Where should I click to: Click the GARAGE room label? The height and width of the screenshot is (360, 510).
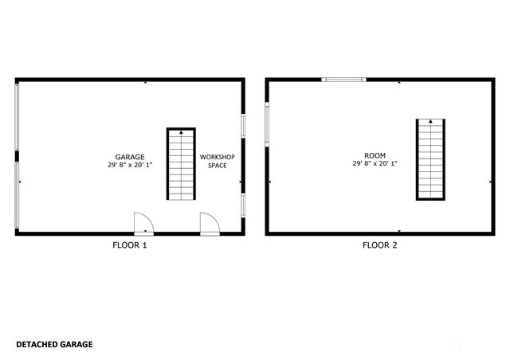pyautogui.click(x=130, y=157)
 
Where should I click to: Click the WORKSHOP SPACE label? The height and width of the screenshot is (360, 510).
pyautogui.click(x=218, y=162)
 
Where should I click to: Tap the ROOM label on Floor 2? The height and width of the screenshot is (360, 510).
pyautogui.click(x=375, y=155)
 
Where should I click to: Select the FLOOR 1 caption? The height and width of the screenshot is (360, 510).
pyautogui.click(x=130, y=245)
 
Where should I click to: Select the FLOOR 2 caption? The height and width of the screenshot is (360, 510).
pyautogui.click(x=380, y=245)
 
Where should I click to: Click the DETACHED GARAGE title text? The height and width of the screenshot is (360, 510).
pyautogui.click(x=54, y=344)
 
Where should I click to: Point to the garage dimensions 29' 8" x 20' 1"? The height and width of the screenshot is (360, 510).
pyautogui.click(x=130, y=165)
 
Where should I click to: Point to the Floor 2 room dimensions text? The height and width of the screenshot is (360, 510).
pyautogui.click(x=375, y=163)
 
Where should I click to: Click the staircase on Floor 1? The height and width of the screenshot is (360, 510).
pyautogui.click(x=181, y=164)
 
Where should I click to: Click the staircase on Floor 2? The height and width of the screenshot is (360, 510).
pyautogui.click(x=430, y=159)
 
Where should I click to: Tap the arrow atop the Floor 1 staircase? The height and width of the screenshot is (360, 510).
pyautogui.click(x=181, y=132)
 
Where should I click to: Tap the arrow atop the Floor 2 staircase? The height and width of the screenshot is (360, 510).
pyautogui.click(x=430, y=121)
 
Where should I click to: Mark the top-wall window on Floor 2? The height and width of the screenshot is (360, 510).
pyautogui.click(x=343, y=80)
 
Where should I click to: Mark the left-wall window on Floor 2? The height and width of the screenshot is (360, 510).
pyautogui.click(x=267, y=124)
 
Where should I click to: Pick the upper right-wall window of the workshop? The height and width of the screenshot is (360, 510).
pyautogui.click(x=243, y=126)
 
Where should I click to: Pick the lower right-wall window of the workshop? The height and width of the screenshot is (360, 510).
pyautogui.click(x=243, y=205)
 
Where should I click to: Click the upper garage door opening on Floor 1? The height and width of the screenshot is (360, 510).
pyautogui.click(x=17, y=117)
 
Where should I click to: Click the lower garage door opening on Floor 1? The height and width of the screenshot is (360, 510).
pyautogui.click(x=17, y=195)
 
